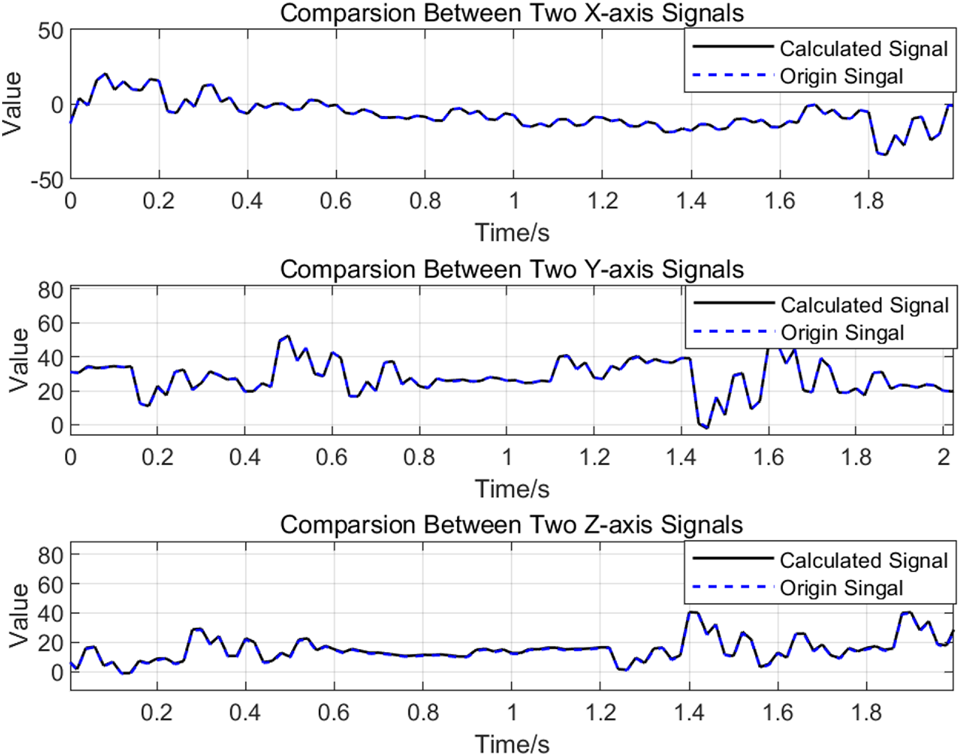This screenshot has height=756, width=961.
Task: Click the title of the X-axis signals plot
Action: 512,13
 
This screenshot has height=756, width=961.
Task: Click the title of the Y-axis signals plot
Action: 512,269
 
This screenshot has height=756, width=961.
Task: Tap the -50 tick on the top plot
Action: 47,181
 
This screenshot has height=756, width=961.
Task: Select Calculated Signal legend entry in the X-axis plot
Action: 863,49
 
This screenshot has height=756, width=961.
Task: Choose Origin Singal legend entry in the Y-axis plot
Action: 842,333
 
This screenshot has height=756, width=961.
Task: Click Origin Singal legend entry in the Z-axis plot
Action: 841,588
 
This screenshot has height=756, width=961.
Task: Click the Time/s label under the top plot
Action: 512,232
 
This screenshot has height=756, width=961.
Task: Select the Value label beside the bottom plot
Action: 18,615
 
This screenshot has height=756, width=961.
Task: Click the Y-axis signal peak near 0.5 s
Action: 288,336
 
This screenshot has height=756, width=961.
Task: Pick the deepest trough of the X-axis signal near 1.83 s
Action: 885,155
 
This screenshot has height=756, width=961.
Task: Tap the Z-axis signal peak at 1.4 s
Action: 691,612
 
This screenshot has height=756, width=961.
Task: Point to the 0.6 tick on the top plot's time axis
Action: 336,201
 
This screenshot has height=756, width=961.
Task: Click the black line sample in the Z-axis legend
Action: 733,558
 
